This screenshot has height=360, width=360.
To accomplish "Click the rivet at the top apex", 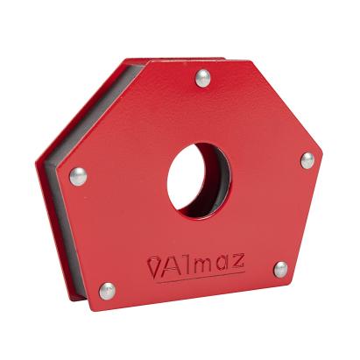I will (x=202, y=77).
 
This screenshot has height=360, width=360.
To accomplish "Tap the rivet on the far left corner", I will (x=78, y=176).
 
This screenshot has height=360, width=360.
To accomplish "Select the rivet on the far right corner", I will (x=307, y=160).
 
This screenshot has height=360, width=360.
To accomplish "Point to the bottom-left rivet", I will (x=107, y=290).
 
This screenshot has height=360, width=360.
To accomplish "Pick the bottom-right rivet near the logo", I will (x=280, y=269).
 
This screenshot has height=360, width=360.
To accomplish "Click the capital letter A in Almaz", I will (x=173, y=267).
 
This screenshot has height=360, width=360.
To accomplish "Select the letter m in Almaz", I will (x=203, y=264).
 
